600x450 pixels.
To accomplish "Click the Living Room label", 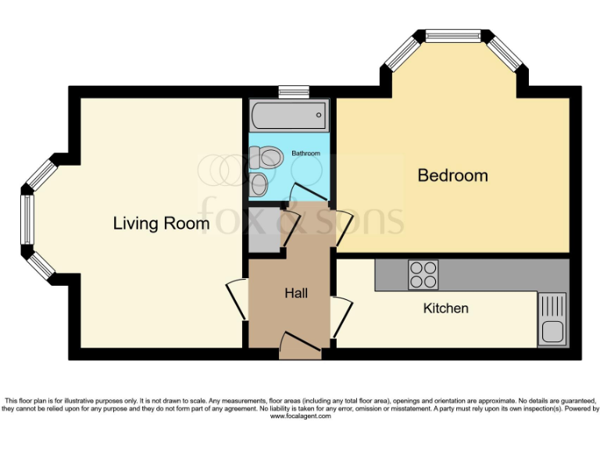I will [x=161, y=223].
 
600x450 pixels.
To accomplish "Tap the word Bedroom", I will [x=452, y=175].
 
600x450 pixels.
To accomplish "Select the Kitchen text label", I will [x=445, y=308].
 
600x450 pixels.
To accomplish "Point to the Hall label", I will [x=295, y=294].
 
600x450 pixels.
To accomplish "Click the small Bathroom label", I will [x=305, y=153].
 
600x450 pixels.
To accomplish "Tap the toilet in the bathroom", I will [x=266, y=157].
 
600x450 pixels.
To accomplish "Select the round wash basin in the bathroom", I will [x=260, y=184].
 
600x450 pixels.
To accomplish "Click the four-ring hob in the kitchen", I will [x=423, y=274].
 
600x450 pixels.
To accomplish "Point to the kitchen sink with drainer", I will [x=552, y=319].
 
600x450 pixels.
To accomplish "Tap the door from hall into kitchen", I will [x=341, y=316].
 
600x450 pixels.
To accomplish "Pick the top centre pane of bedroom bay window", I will [x=453, y=35].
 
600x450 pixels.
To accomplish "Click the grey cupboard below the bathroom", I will [x=264, y=228].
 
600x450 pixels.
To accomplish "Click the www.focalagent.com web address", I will [x=300, y=416].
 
